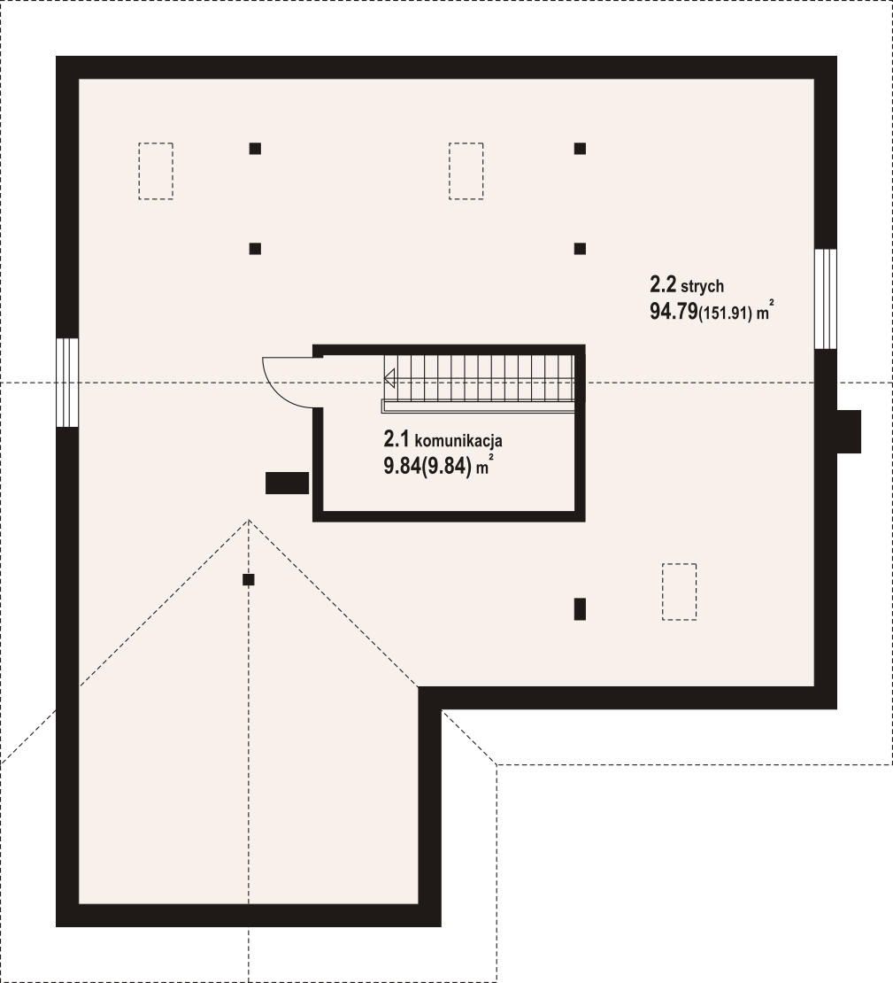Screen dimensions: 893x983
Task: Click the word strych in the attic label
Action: (702, 287)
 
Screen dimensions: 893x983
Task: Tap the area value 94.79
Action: (674, 312)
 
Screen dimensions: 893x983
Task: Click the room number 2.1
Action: (396, 439)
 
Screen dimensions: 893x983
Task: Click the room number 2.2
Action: (663, 285)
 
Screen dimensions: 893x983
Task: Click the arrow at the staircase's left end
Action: (389, 379)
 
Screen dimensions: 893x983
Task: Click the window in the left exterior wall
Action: (67, 383)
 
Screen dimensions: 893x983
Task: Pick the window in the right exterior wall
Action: (826, 298)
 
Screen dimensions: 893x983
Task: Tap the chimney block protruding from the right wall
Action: (849, 431)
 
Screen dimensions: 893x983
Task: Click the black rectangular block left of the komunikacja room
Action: (287, 484)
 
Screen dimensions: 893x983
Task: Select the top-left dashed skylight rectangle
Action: (156, 171)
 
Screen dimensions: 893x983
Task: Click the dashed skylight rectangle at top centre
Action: (466, 171)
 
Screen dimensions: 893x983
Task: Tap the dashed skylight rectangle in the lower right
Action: (680, 592)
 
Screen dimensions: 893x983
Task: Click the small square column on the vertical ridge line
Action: (249, 580)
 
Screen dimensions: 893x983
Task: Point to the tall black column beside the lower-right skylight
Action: (581, 609)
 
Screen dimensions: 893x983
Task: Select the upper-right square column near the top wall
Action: (581, 149)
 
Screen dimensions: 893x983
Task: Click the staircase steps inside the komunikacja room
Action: (480, 379)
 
